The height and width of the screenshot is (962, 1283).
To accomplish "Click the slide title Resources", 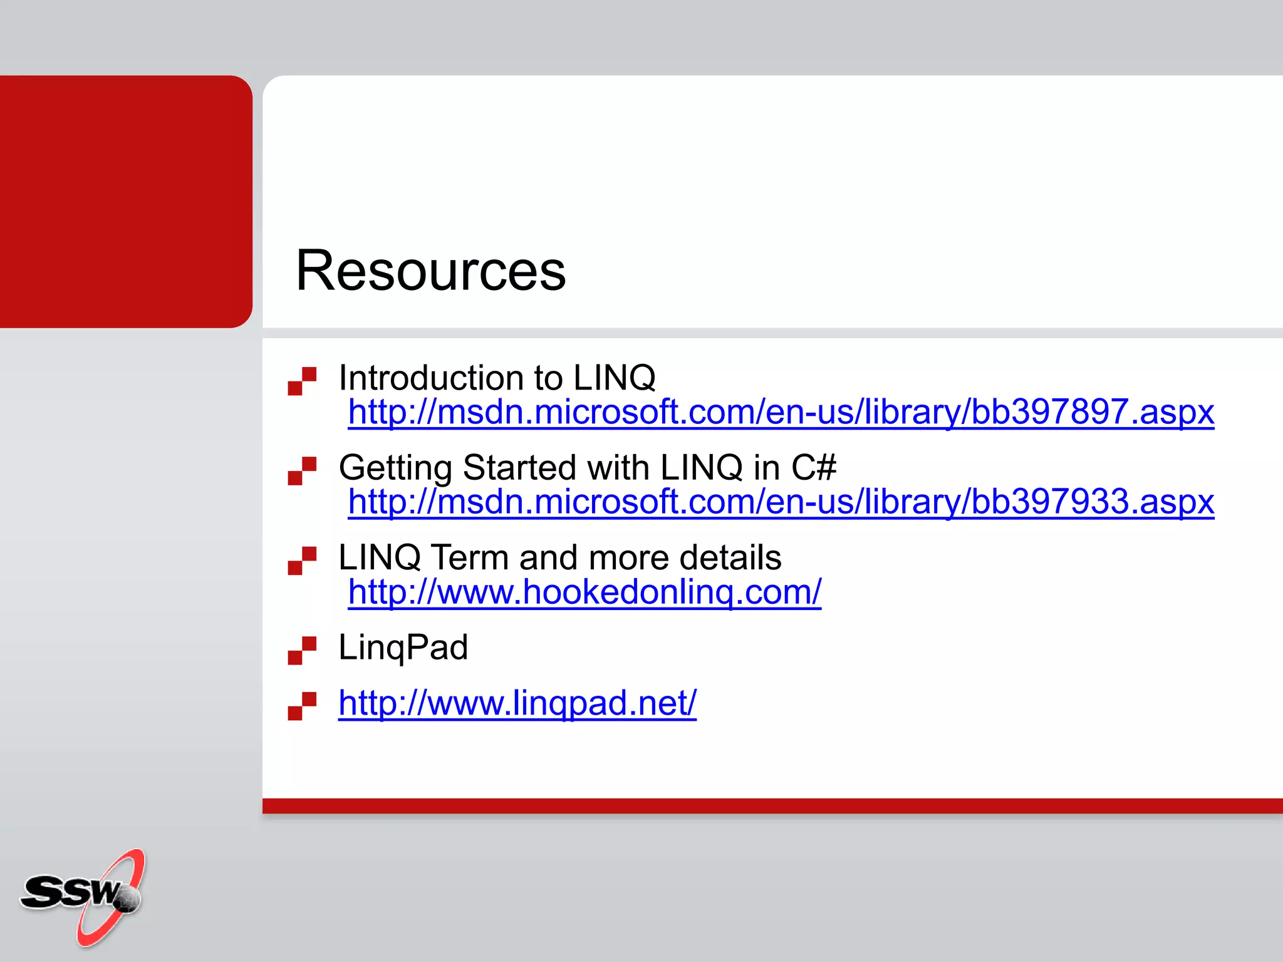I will tap(430, 271).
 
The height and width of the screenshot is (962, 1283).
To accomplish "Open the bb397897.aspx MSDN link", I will tap(781, 413).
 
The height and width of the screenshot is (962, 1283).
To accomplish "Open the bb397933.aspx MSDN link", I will tap(781, 502).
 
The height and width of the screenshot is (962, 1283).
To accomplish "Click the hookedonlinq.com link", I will tap(584, 592).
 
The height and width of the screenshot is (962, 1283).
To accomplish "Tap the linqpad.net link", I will tap(517, 703).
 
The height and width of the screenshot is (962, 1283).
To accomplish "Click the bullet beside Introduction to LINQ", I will tap(302, 381).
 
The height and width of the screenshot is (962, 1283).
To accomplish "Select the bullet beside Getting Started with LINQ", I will tap(302, 470).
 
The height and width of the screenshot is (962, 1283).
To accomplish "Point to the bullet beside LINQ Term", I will tap(302, 561).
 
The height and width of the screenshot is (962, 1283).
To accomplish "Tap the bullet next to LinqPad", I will tap(302, 650).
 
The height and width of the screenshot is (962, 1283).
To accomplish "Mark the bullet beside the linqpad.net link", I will tap(302, 706).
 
